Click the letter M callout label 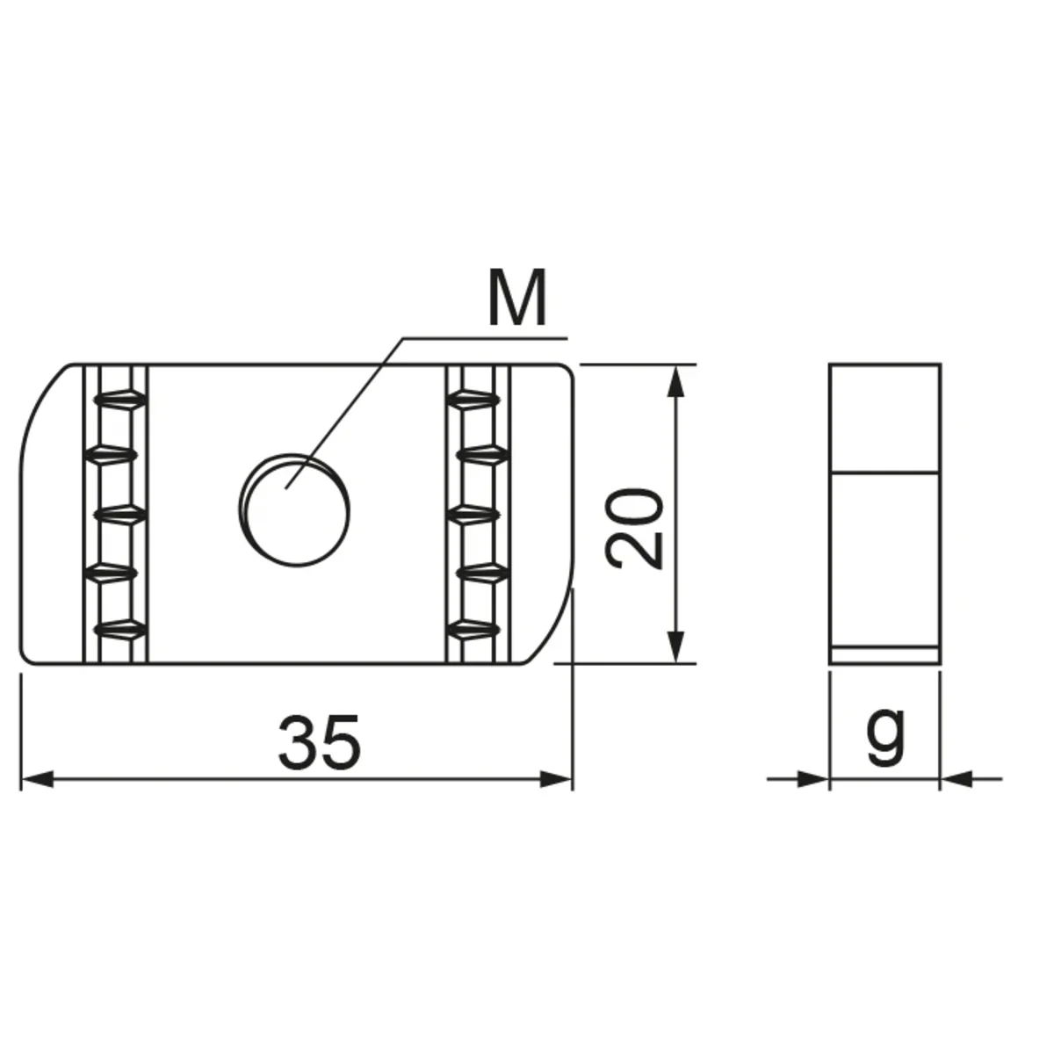click(x=516, y=298)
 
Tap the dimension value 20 click(x=634, y=527)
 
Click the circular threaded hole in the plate click(x=294, y=509)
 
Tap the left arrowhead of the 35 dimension click(x=37, y=779)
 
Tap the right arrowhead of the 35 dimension click(x=556, y=779)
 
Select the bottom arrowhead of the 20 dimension click(x=676, y=647)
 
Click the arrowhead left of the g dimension click(x=813, y=779)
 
